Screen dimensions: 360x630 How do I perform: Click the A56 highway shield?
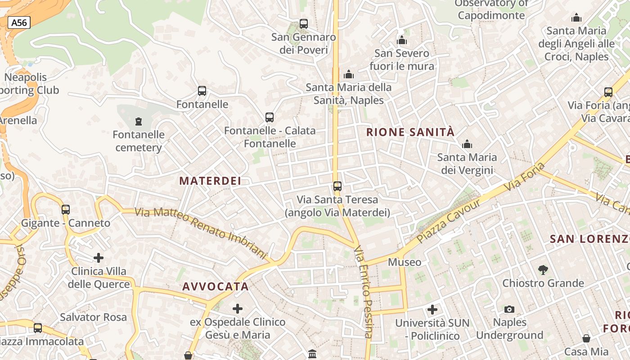19,22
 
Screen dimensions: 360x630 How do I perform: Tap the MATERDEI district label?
210,181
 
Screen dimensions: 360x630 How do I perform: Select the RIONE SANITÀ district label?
410,132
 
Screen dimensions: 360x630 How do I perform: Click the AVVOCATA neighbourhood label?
216,287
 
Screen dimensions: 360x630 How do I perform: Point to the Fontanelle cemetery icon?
138,121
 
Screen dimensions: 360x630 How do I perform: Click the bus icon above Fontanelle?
202,91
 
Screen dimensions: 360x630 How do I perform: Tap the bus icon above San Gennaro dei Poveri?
304,24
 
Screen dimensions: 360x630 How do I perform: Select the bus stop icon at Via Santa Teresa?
337,186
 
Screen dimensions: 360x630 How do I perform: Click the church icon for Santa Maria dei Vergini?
467,144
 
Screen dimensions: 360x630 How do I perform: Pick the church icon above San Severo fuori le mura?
402,40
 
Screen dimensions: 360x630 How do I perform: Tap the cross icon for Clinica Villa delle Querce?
99,258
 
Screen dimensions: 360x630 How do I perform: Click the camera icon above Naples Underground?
509,309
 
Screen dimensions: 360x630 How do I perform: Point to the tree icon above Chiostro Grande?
543,270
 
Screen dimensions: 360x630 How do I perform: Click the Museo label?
405,262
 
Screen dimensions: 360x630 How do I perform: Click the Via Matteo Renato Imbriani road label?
201,233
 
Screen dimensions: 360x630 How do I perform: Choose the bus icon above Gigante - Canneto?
66,209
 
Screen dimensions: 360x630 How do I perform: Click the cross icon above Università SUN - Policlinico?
432,310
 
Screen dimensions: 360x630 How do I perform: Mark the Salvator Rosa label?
94,317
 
